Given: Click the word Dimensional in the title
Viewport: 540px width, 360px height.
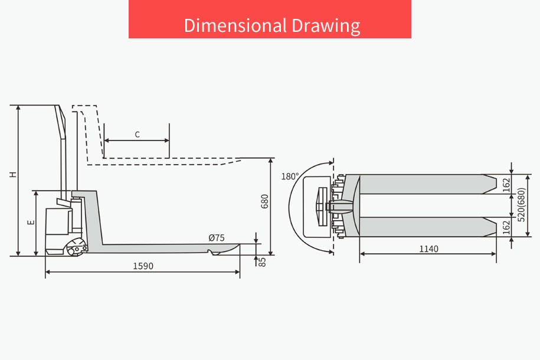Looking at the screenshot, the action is (235, 25).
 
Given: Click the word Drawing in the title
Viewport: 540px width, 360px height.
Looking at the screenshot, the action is (326, 26).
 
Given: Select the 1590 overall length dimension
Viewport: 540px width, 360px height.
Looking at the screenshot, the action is (143, 266).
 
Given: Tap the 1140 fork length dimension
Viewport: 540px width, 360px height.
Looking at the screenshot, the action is (428, 248).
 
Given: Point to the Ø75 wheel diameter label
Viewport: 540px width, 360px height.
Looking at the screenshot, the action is (217, 238).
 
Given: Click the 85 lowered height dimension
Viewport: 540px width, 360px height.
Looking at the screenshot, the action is (263, 262).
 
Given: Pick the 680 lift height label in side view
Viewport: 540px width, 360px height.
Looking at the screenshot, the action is (264, 201).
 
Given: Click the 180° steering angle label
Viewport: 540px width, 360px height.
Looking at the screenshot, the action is (290, 176).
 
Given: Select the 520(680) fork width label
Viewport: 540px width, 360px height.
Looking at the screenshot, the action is (521, 205).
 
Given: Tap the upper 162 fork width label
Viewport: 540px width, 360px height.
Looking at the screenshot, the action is (506, 185).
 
